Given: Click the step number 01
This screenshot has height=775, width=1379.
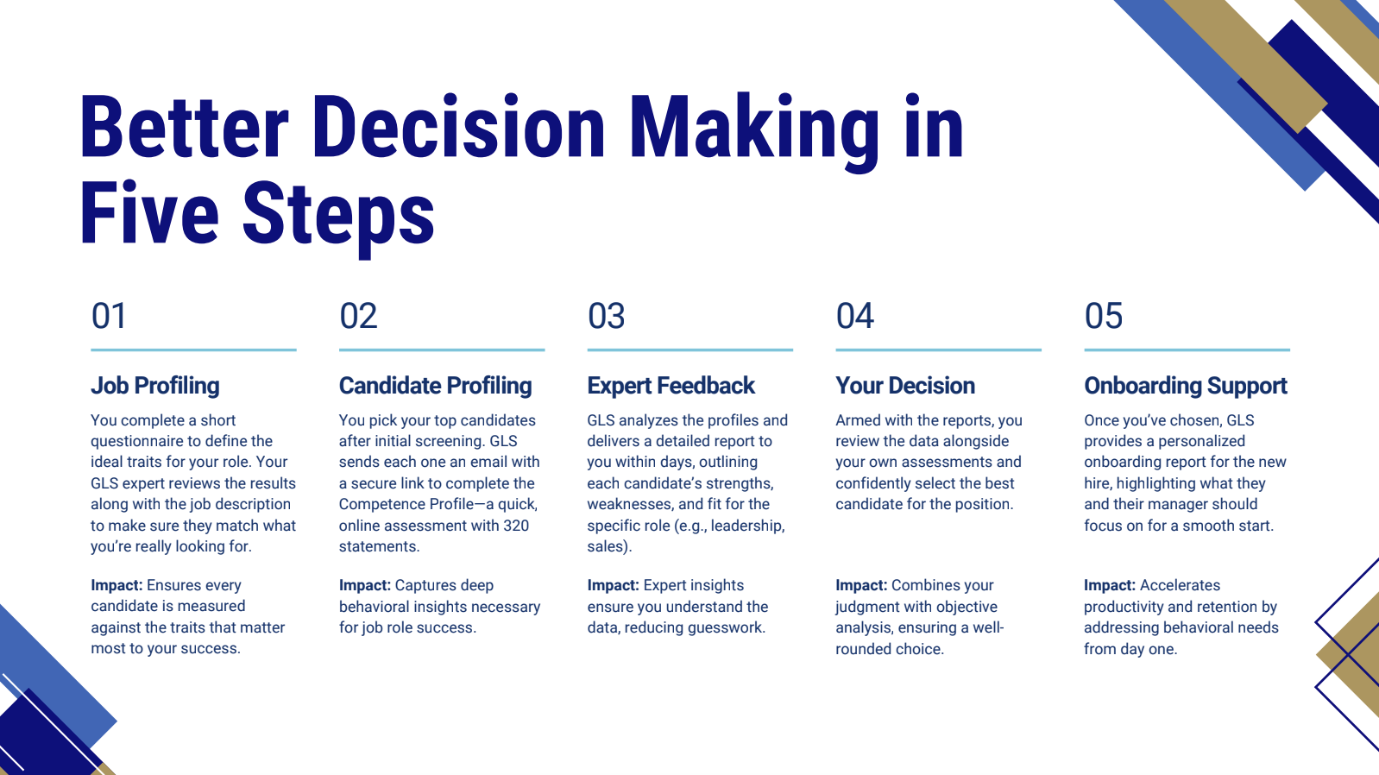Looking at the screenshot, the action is click(x=109, y=317).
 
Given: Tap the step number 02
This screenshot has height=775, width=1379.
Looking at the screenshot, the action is click(x=358, y=317).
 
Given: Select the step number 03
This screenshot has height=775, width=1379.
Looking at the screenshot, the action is click(x=607, y=317).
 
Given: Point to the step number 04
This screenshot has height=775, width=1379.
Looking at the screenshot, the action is click(x=854, y=317).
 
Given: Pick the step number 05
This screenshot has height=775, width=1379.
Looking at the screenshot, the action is click(x=1103, y=317).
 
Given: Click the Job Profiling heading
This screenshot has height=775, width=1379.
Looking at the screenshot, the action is click(x=155, y=386).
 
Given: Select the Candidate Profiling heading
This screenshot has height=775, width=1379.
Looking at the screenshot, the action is click(x=435, y=386).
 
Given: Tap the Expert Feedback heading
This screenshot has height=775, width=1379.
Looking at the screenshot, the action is click(x=671, y=386).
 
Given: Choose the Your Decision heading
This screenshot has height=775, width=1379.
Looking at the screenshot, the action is click(x=905, y=386).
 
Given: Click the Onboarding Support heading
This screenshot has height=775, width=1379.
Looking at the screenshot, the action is click(x=1185, y=386).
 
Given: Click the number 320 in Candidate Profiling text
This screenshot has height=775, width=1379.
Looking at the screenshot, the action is click(x=516, y=526).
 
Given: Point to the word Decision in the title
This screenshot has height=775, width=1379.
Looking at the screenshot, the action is click(x=458, y=127).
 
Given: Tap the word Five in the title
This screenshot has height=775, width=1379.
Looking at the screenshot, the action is click(x=149, y=213).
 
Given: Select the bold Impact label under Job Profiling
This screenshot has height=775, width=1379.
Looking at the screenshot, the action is click(x=117, y=585).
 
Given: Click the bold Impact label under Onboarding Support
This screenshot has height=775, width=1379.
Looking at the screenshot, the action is click(x=1110, y=585).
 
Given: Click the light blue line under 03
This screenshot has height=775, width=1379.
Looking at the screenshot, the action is click(x=690, y=350).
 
